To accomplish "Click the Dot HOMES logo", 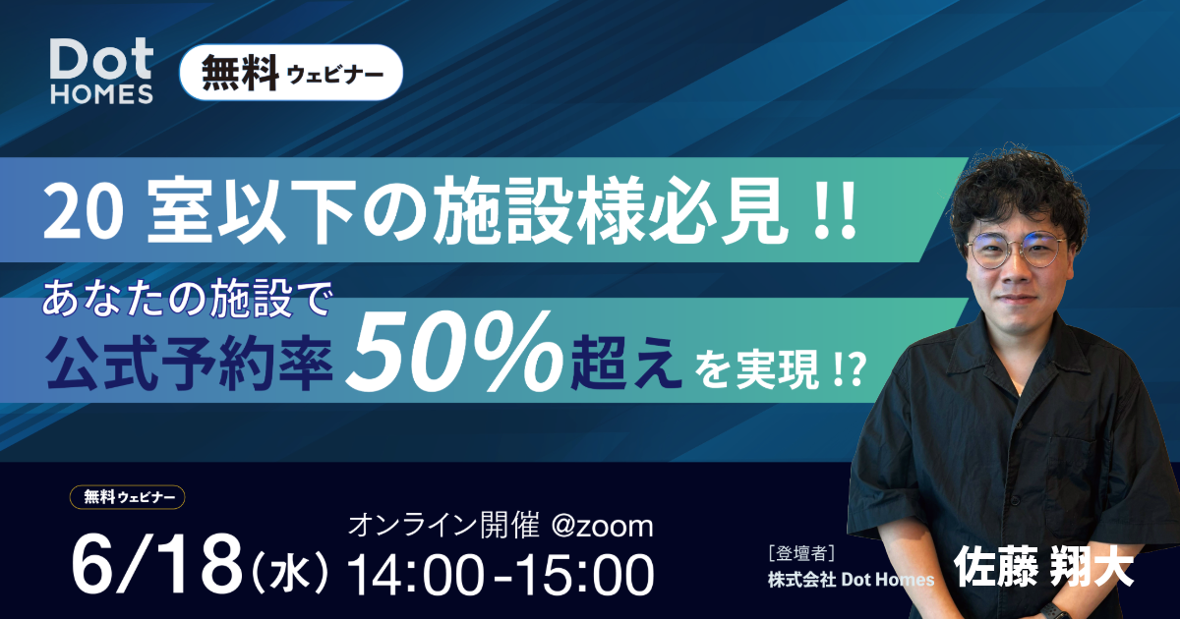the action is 101,72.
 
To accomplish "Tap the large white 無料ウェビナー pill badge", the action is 291,73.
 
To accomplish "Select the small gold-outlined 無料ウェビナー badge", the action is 127,497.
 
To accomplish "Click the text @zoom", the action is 602,526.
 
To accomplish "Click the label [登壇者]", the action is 801,554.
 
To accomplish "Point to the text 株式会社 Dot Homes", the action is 851,580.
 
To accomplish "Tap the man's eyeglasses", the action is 1017,250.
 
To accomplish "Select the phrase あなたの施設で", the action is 186,300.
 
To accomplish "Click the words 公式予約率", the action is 190,365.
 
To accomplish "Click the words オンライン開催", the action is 443,526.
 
